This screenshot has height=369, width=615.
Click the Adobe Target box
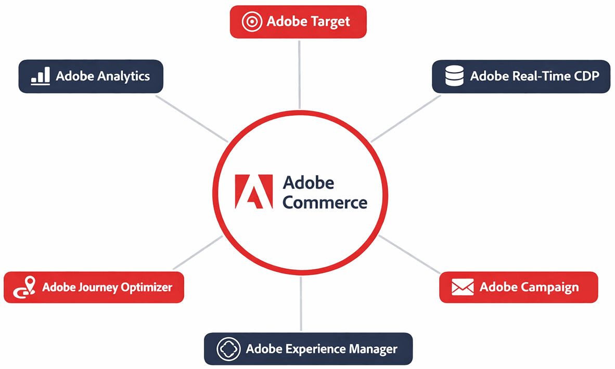298,22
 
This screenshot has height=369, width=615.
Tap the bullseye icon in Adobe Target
250,22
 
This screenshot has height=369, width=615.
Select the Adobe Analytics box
91,76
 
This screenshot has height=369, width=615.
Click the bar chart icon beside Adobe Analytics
40,76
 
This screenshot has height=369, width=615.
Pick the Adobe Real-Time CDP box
521,76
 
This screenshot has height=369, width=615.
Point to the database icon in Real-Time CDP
454,76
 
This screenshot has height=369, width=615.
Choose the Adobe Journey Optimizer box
94,287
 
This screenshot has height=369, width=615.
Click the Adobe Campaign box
519,287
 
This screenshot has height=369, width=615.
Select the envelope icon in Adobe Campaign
462,287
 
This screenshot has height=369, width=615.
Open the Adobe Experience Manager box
308,349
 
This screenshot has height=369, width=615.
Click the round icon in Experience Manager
227,349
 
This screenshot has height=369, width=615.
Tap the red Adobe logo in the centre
253,192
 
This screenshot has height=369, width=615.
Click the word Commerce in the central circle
325,202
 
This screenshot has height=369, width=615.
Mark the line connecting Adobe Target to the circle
299,73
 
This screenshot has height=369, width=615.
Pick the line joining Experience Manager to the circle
301,304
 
